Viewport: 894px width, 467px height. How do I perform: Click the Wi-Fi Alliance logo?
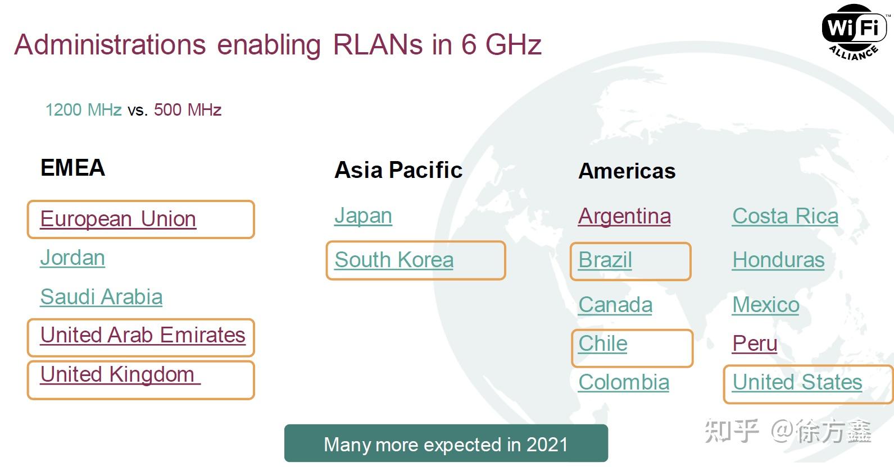855,32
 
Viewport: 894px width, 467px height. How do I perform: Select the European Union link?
118,219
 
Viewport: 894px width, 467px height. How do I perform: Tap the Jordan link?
72,258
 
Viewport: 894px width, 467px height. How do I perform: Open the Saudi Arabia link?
101,297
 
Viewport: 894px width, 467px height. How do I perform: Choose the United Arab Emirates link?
143,335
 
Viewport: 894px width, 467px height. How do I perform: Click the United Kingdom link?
120,374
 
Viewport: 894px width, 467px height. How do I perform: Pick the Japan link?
363,216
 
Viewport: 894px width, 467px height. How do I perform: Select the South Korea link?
394,260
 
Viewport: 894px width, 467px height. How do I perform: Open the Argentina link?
625,217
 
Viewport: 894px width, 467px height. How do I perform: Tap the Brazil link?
605,260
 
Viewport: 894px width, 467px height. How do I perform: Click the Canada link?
615,305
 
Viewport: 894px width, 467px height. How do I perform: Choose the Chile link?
603,344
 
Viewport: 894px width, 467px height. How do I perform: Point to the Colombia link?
624,382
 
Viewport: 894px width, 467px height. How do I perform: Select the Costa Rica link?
786,217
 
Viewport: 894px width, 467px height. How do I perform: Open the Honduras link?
778,260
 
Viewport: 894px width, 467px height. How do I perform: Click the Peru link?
755,344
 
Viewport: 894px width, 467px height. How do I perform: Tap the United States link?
797,382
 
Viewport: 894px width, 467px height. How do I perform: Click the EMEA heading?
72,167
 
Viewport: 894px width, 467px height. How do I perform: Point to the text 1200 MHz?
83,109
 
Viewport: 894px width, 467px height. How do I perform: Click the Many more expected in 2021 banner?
446,443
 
